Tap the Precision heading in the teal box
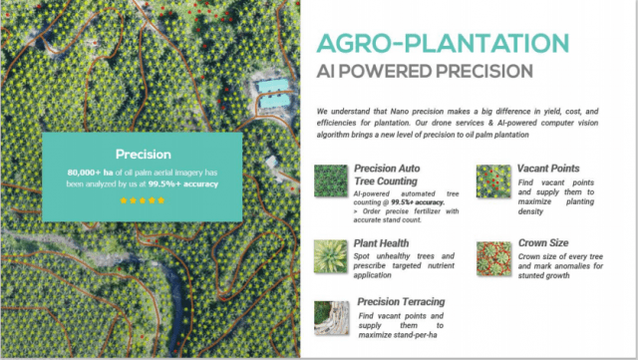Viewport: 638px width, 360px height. click(x=142, y=155)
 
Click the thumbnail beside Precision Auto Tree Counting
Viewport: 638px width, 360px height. click(x=330, y=181)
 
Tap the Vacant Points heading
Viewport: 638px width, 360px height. click(x=548, y=169)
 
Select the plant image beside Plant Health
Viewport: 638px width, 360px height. click(x=330, y=255)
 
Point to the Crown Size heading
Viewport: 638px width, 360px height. click(x=543, y=242)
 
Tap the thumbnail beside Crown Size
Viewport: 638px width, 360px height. click(x=493, y=255)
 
